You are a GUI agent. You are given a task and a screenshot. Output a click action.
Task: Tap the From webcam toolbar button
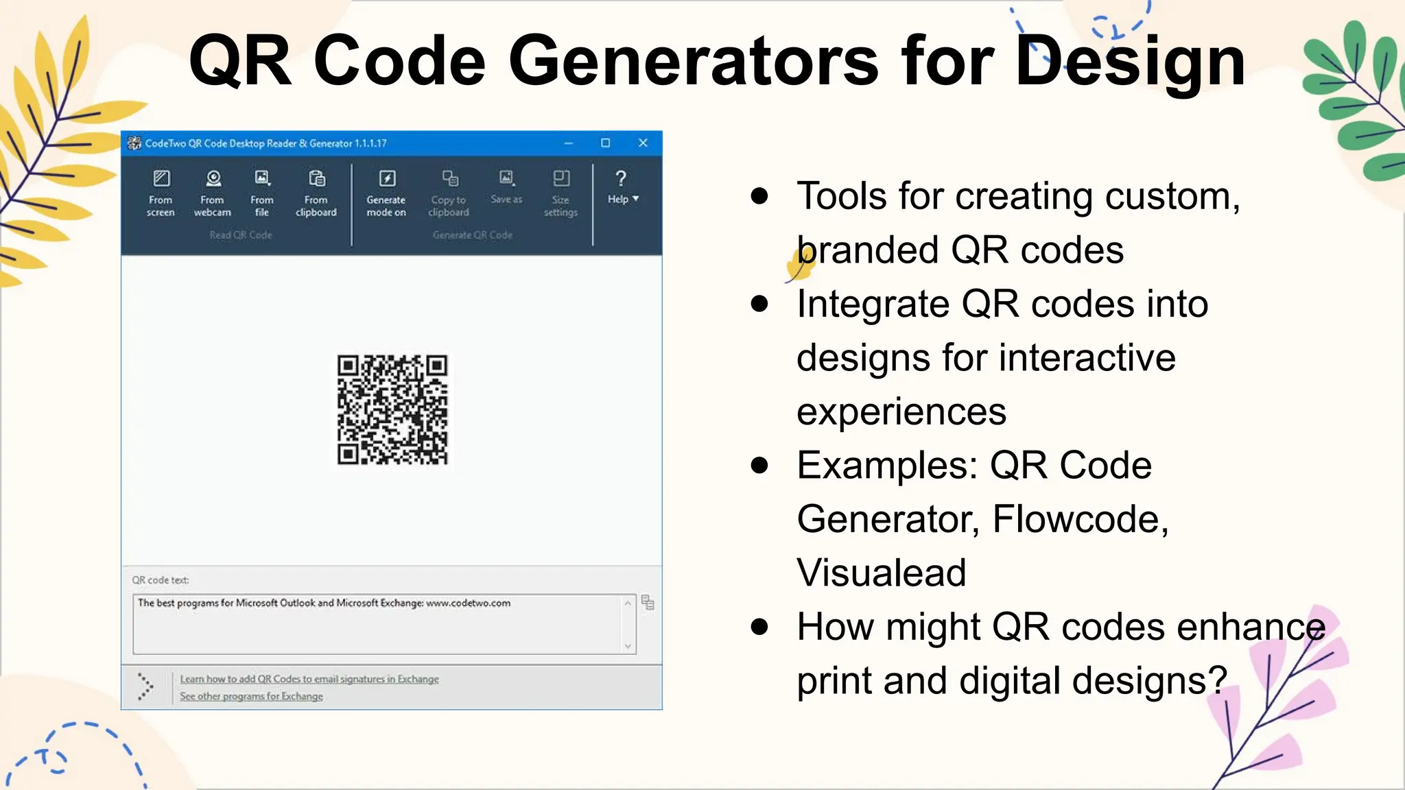tap(213, 193)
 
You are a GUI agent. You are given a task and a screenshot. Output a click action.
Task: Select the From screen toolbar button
tap(161, 193)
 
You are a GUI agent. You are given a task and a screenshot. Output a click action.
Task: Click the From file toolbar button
tap(262, 193)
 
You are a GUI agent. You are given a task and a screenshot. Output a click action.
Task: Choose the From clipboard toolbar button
tap(316, 193)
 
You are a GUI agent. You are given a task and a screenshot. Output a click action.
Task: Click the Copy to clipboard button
tap(449, 193)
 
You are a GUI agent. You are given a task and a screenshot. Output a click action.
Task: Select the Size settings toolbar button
tap(560, 193)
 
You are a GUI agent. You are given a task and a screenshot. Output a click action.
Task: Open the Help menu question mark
tap(621, 180)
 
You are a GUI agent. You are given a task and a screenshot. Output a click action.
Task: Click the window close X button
tap(643, 143)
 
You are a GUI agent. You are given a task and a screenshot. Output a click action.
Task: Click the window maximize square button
tap(605, 143)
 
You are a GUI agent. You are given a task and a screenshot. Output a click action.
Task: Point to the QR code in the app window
tap(392, 409)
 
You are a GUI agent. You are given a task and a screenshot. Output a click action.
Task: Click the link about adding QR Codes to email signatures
tap(309, 679)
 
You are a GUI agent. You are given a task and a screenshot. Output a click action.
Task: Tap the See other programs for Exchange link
tap(251, 696)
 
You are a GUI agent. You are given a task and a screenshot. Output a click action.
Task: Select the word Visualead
tap(882, 573)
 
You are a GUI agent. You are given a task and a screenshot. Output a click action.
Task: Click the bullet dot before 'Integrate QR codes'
tap(759, 304)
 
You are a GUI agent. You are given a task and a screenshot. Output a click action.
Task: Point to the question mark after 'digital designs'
tap(1218, 680)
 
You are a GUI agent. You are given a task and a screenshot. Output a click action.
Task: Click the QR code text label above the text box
tap(161, 580)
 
